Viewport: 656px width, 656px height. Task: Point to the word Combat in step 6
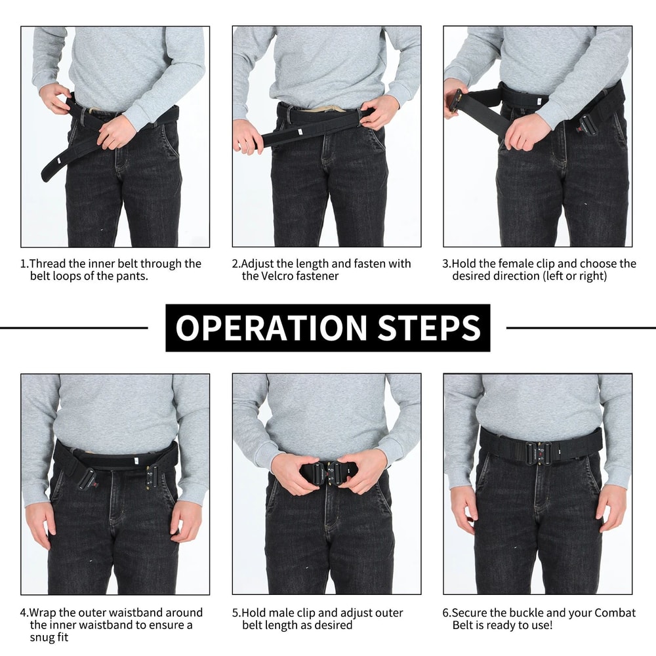615,613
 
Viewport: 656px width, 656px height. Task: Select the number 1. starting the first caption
24,264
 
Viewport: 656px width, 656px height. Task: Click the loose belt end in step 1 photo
56,167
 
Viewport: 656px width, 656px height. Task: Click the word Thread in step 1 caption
50,264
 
